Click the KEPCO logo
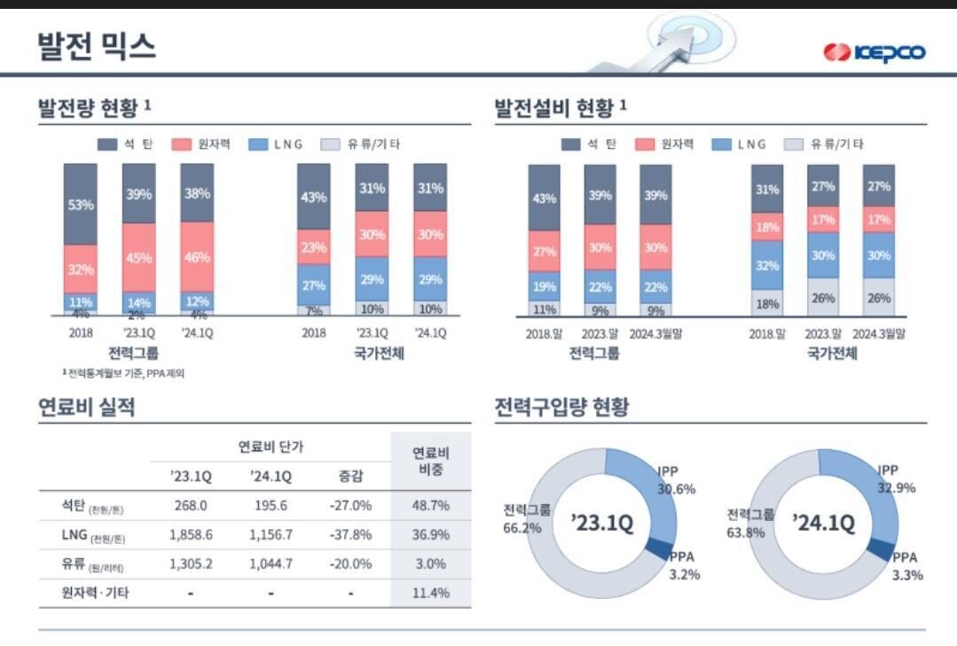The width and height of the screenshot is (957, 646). point(875,52)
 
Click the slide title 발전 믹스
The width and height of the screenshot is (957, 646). point(97,45)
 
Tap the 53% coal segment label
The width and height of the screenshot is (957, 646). point(81,204)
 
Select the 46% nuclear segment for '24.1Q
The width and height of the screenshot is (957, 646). point(197,258)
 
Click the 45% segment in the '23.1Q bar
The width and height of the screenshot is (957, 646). point(138,258)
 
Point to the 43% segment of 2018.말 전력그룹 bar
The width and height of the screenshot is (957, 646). point(544,198)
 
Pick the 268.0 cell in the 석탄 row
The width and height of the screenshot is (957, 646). point(191,505)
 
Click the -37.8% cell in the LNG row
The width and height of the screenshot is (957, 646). point(350,534)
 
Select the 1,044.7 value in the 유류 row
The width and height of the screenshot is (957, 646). point(271,564)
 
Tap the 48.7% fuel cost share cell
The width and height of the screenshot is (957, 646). point(430,505)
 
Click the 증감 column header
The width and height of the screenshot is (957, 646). point(350,476)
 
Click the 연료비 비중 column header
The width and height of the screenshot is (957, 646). point(430,461)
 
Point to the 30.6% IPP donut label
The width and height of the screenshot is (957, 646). point(676,488)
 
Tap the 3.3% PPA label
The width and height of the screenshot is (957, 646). point(907,574)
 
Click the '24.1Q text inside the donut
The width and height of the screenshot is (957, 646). point(824,523)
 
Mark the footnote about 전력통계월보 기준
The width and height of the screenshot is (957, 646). point(123,373)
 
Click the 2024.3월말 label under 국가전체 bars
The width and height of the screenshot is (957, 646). point(879,333)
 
